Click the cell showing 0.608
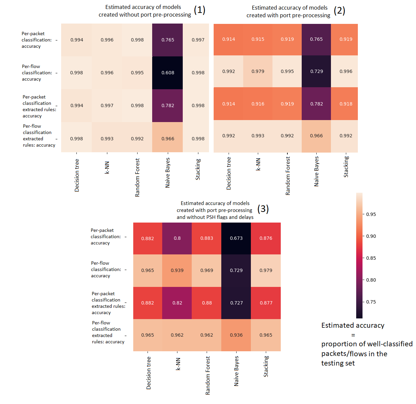pos(168,73)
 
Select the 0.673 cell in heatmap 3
pos(236,238)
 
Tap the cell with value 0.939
pos(177,270)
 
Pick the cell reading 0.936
pos(236,335)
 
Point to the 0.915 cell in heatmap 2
pos(258,39)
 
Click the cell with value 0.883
pos(207,238)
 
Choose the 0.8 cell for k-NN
pos(177,238)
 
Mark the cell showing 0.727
pos(236,303)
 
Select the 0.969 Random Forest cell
pos(207,270)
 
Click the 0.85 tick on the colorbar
pos(371,258)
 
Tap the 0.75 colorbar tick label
pos(371,302)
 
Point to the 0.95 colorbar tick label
pos(371,214)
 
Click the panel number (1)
pos(199,10)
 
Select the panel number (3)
pos(263,209)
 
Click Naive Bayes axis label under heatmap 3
pos(236,371)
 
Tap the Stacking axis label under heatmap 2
pos(346,167)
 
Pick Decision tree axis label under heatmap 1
pos(77,175)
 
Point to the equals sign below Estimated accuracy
pos(353,335)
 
